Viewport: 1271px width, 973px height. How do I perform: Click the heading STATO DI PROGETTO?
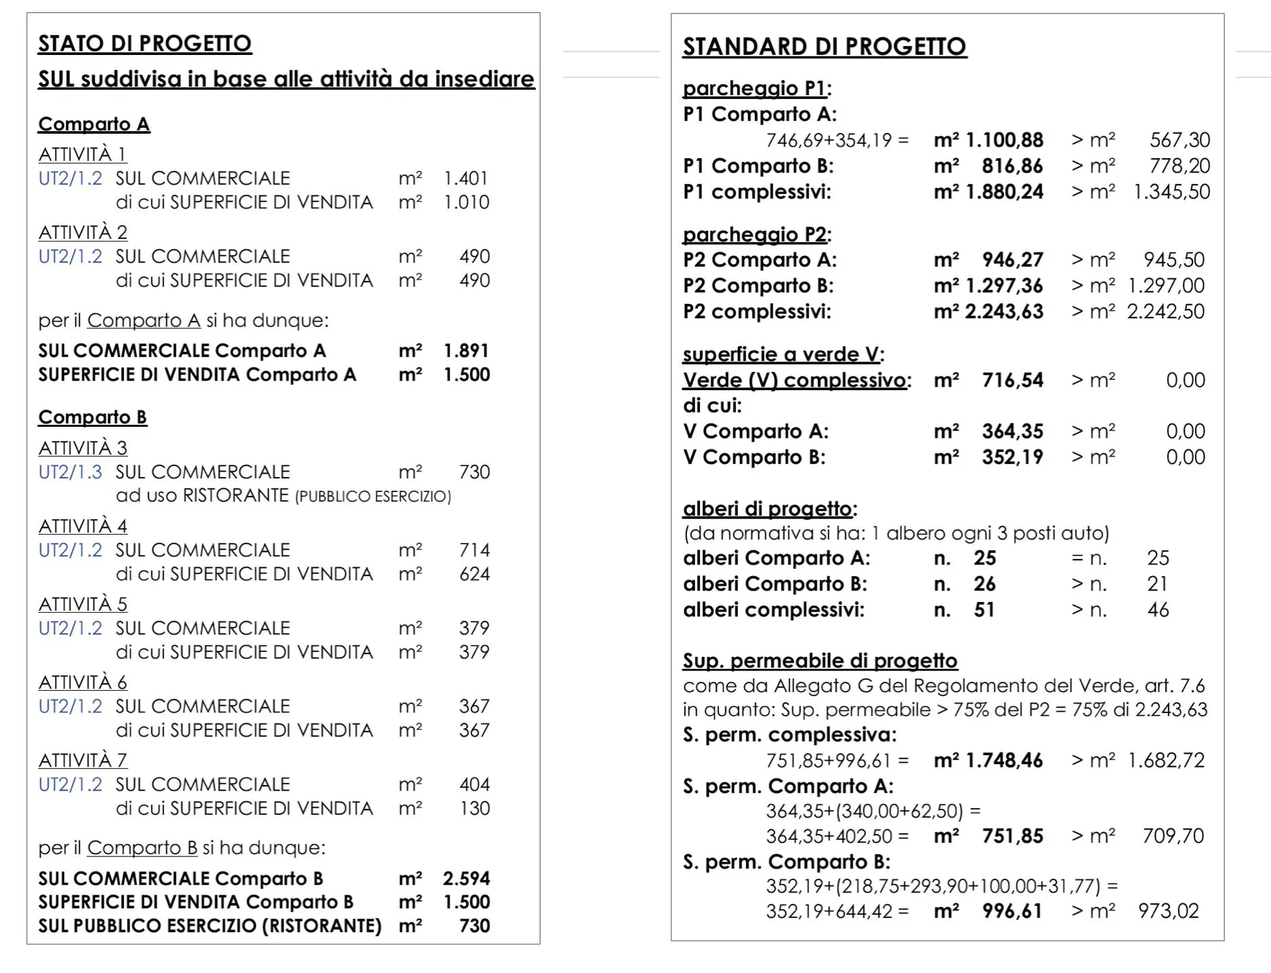click(x=144, y=43)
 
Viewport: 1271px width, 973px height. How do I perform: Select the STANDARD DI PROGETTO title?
click(x=824, y=46)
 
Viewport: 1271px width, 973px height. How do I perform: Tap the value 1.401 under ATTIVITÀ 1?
click(x=466, y=178)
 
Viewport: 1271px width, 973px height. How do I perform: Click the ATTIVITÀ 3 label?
click(x=83, y=448)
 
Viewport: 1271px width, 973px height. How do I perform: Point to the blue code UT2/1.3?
click(x=71, y=472)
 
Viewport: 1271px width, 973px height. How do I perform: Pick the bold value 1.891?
click(x=466, y=351)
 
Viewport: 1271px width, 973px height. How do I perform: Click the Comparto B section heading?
click(x=92, y=417)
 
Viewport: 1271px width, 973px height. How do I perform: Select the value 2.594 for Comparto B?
click(x=466, y=878)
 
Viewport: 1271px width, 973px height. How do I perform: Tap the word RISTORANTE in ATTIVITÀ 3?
click(x=236, y=496)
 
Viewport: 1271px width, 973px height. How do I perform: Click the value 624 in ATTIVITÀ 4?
click(x=474, y=574)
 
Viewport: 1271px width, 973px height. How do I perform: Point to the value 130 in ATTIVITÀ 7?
click(x=474, y=808)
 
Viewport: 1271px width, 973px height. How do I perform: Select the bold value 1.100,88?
click(x=1004, y=140)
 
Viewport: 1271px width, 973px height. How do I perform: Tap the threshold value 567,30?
click(x=1179, y=140)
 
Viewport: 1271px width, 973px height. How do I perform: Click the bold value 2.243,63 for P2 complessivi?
click(x=1004, y=311)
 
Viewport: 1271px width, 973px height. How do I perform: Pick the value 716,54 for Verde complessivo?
click(x=1012, y=380)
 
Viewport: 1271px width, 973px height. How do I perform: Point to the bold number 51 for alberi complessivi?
click(x=984, y=609)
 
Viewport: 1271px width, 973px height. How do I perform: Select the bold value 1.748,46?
click(x=1004, y=760)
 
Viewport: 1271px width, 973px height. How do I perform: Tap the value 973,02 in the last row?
click(x=1169, y=911)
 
